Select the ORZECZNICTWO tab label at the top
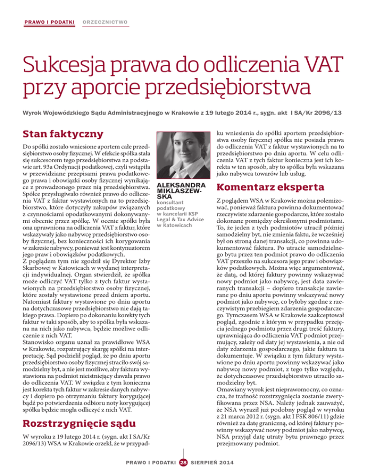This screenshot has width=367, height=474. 107,22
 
